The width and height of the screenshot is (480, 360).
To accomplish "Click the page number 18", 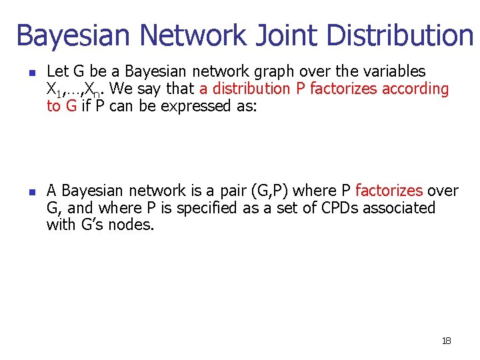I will (446, 341).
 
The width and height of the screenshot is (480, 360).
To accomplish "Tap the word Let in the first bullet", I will (57, 71).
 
